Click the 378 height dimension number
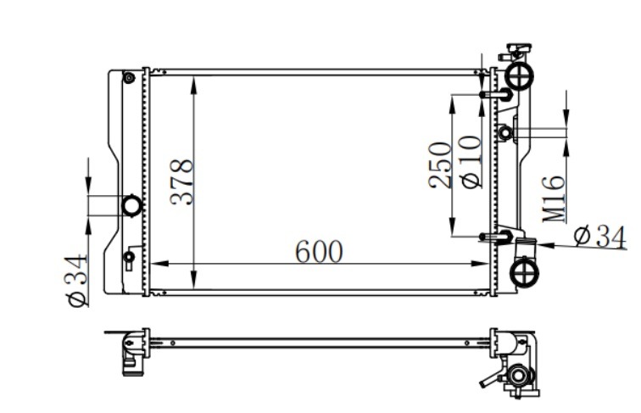tap(182, 182)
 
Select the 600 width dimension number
tap(319, 252)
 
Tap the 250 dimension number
tap(440, 165)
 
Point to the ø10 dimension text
tap(470, 162)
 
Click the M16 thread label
tap(554, 199)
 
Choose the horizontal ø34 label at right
tap(599, 237)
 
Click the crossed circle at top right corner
tap(519, 75)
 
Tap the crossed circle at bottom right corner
tap(525, 272)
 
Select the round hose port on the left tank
tap(132, 206)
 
